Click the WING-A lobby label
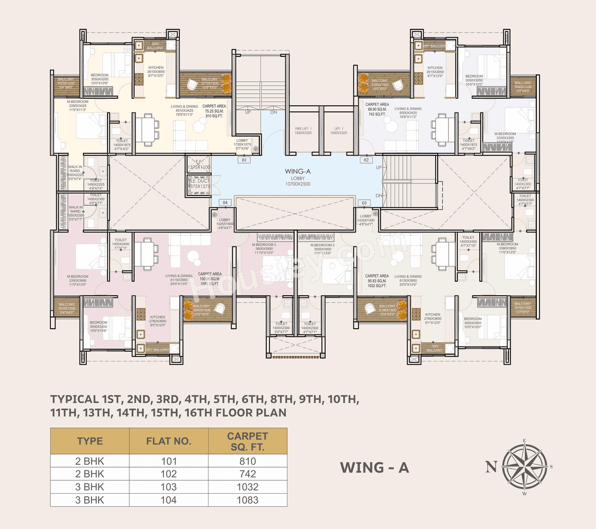298,177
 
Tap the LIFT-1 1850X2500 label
339,131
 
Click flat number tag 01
244,160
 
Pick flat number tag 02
366,160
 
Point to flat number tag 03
364,203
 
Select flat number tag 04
225,203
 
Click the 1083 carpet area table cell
247,500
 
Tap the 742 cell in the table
247,474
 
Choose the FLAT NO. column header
169,441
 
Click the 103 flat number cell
169,487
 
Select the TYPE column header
90,441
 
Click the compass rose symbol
525,467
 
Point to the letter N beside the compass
491,466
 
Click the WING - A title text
374,468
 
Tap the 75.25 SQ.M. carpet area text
214,111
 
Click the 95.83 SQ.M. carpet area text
377,281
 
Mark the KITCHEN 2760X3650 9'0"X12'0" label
157,321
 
